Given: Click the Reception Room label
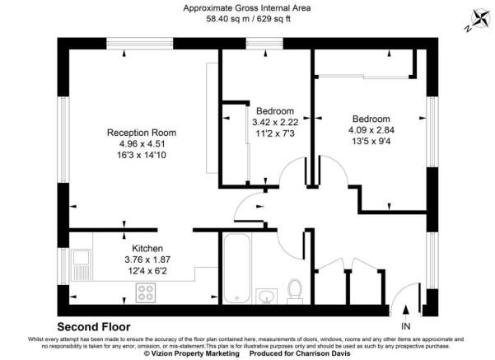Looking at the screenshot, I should [x=142, y=133].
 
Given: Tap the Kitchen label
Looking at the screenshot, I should [x=147, y=248].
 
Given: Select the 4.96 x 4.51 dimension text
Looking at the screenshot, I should [x=142, y=144].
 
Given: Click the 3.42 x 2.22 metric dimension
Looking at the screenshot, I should [x=274, y=122].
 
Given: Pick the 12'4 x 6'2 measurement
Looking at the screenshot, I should [x=147, y=271].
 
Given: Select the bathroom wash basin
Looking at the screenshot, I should [x=266, y=295].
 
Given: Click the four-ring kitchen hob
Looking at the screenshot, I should [x=147, y=292].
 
